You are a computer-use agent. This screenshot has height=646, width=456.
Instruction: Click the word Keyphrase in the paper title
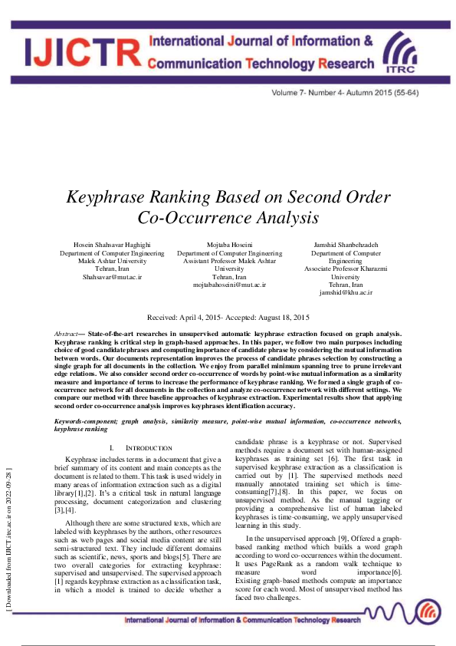coord(108,196)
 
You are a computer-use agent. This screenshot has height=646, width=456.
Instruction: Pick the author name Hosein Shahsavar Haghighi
coord(112,245)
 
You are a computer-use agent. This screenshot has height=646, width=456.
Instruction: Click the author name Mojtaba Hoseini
coord(229,245)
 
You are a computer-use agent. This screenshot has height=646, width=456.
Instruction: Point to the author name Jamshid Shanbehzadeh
coord(346,245)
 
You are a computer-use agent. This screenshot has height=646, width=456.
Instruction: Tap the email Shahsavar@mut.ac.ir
coord(112,276)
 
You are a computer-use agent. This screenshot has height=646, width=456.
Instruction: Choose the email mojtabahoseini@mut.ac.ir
coord(229,284)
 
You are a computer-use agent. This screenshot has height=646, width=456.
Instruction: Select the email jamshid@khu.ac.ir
coord(346,292)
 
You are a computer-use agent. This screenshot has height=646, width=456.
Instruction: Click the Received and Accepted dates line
coord(228,317)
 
